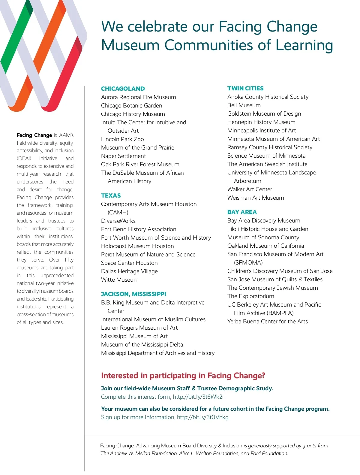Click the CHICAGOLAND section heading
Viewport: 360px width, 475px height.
pyautogui.click(x=123, y=89)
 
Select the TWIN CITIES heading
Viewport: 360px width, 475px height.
pyautogui.click(x=245, y=88)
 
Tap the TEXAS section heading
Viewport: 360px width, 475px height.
pyautogui.click(x=111, y=195)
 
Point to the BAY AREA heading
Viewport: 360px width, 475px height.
pyautogui.click(x=242, y=212)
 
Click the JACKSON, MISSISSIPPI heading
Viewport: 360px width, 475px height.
pyautogui.click(x=133, y=294)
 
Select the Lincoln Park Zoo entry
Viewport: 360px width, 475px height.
pyautogui.click(x=122, y=139)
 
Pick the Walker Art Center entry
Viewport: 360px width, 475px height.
pyautogui.click(x=250, y=189)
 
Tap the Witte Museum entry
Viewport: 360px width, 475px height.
pyautogui.click(x=120, y=280)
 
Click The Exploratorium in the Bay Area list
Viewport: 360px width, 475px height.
pyautogui.click(x=250, y=296)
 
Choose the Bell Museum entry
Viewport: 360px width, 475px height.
pyautogui.click(x=244, y=105)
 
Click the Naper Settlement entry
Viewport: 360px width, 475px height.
pyautogui.click(x=123, y=156)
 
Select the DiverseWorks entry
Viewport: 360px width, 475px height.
pyautogui.click(x=118, y=221)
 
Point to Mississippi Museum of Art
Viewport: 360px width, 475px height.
pyautogui.click(x=134, y=336)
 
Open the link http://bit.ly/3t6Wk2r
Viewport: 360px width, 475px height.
pyautogui.click(x=198, y=397)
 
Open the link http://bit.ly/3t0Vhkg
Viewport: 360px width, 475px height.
pyautogui.click(x=202, y=417)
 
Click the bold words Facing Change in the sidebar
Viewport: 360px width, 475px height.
pyautogui.click(x=34, y=135)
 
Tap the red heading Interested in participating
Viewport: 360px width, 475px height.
pyautogui.click(x=183, y=376)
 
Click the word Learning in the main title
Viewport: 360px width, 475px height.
pyautogui.click(x=304, y=45)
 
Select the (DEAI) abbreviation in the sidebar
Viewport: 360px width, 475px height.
pyautogui.click(x=24, y=158)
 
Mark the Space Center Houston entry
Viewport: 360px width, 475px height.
pyautogui.click(x=129, y=263)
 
